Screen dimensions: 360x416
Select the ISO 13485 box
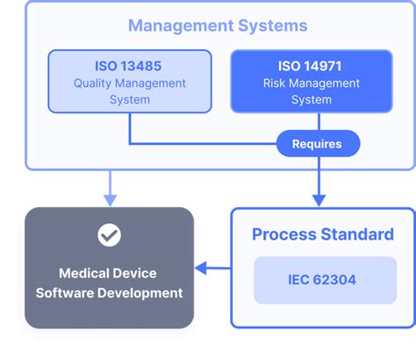129,82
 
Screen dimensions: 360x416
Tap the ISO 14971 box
312,82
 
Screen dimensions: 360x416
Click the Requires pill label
316,143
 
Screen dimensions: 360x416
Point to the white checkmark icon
109,234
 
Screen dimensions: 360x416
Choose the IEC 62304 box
325,279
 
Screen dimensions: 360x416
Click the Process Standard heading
322,234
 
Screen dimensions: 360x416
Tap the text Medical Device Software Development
109,282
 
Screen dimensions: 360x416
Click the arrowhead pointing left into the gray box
200,268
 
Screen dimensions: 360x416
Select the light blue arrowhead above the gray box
109,198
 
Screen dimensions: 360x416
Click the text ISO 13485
129,66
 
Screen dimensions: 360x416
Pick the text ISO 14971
312,66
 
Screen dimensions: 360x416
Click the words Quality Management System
129,91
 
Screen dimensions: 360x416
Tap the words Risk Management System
312,91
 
